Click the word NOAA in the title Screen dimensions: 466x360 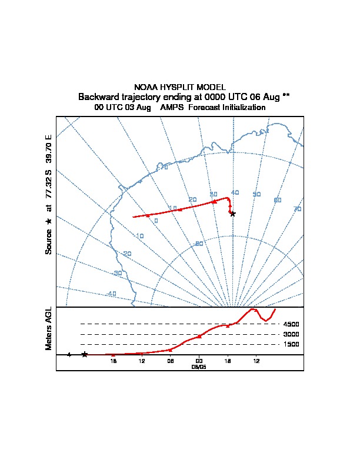pyautogui.click(x=145, y=87)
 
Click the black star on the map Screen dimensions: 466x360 pyautogui.click(x=232, y=214)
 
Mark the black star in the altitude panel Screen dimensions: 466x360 pyautogui.click(x=85, y=354)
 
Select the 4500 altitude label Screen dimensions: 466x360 pyautogui.click(x=291, y=324)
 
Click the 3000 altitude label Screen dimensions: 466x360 pyautogui.click(x=291, y=334)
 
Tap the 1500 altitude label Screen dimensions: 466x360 pyautogui.click(x=291, y=344)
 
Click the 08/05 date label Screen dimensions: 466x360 pyautogui.click(x=199, y=367)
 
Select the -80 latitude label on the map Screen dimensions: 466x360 pyautogui.click(x=199, y=244)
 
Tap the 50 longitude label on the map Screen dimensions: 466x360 pyautogui.click(x=256, y=194)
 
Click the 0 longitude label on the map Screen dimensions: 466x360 pyautogui.click(x=156, y=221)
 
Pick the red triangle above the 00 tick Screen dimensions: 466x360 pyautogui.click(x=199, y=336)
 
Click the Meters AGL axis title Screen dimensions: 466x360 pyautogui.click(x=49, y=328)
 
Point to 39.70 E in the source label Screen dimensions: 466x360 pyautogui.click(x=49, y=149)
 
